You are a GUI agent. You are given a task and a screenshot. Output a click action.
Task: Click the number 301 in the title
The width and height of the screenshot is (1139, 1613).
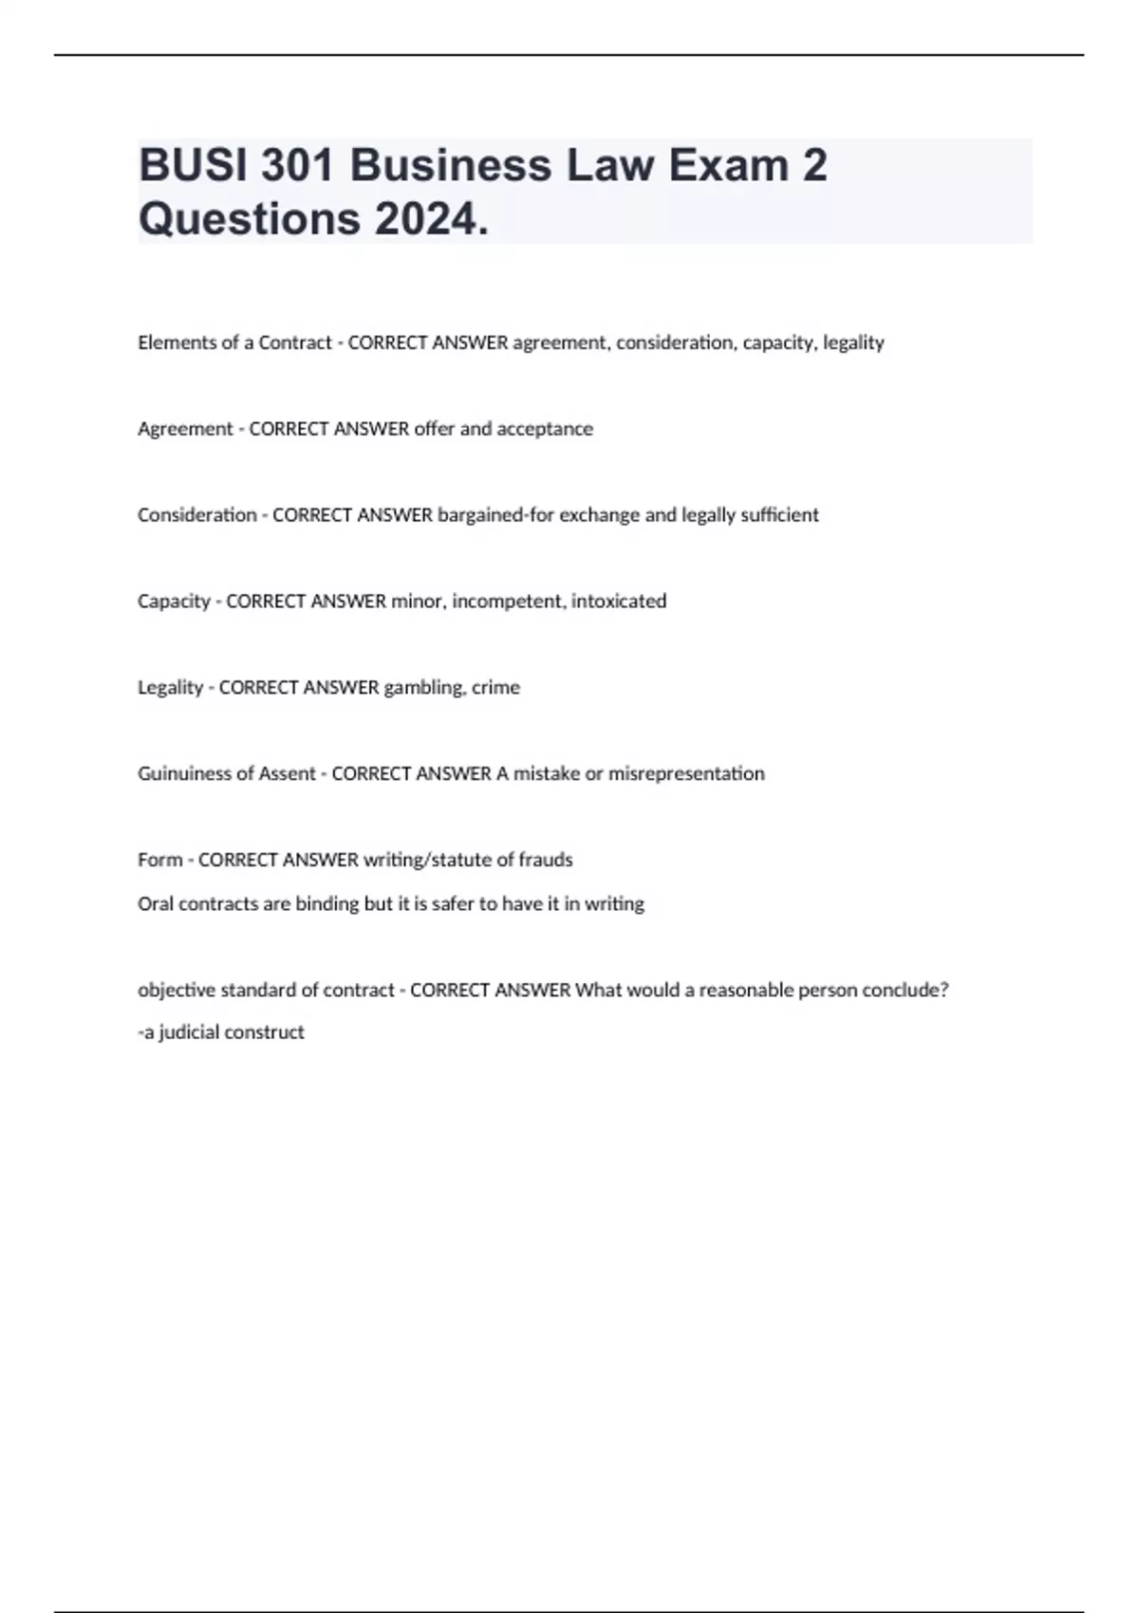pos(297,166)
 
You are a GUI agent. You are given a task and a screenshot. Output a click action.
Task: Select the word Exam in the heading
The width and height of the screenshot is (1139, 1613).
pos(728,166)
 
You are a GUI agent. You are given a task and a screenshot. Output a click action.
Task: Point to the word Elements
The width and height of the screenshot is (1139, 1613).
pos(170,343)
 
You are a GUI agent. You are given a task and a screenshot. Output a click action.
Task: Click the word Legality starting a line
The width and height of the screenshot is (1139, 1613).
pos(170,688)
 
